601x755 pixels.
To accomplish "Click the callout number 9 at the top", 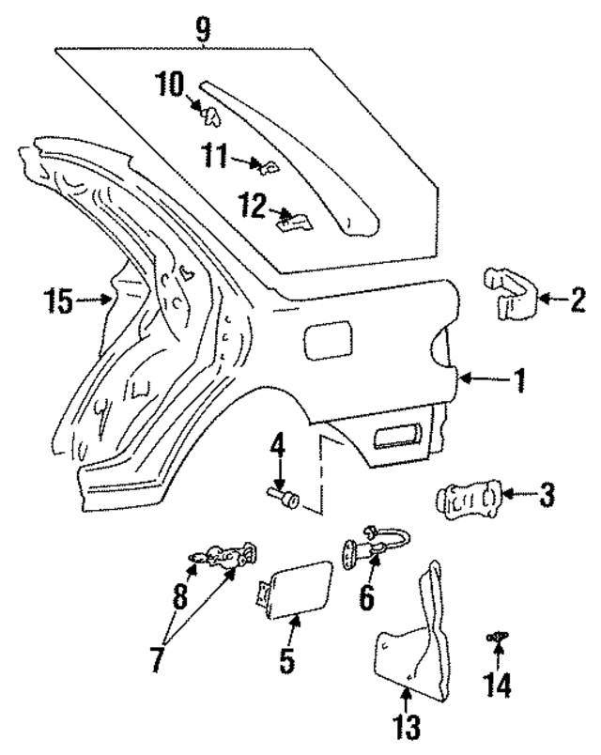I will [203, 29].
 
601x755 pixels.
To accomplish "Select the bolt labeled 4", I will [282, 495].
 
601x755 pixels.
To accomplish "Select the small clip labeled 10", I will [208, 115].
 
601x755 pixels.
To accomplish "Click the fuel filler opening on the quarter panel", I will [326, 339].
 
